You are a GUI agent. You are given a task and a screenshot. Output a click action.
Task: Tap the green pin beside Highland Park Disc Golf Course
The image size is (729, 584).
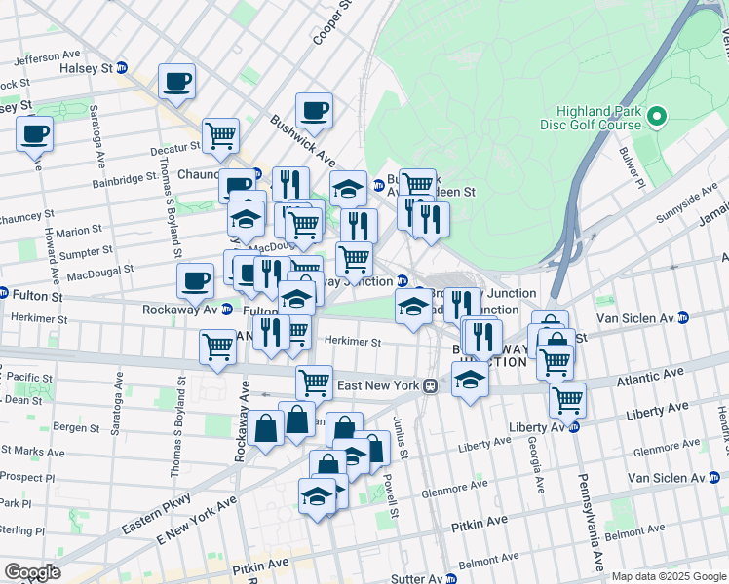[656, 118]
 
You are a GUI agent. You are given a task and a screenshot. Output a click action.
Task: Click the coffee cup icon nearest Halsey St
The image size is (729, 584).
[176, 83]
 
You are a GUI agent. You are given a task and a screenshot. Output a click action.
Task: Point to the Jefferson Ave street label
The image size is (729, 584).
[47, 57]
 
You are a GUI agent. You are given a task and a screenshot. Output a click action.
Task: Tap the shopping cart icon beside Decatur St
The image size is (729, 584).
[221, 137]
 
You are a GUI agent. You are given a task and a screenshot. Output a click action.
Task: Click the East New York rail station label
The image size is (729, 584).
[378, 385]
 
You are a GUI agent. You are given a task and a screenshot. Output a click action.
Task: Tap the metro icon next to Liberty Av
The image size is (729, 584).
[574, 426]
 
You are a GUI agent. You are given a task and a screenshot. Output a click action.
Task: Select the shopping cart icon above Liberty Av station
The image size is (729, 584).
[566, 400]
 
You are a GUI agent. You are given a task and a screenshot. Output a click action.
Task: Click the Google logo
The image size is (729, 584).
[32, 572]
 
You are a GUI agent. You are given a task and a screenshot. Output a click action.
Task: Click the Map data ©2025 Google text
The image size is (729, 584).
[667, 576]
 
